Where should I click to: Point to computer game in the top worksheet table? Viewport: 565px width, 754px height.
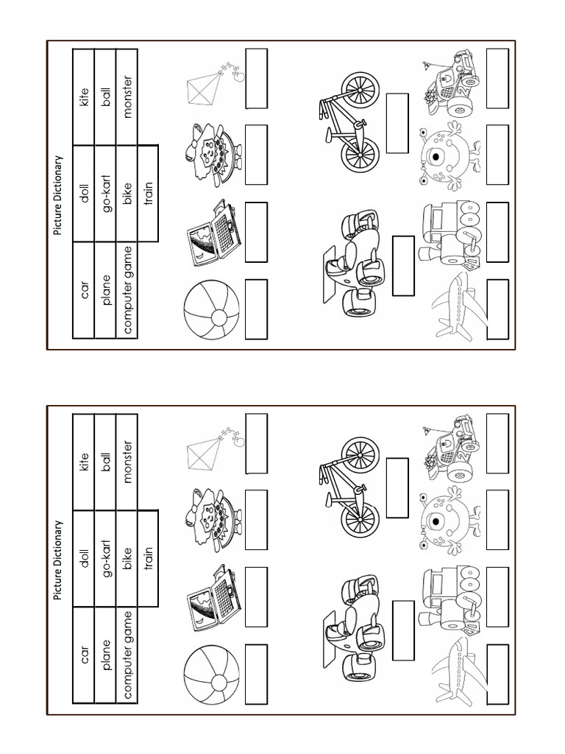[x=127, y=291]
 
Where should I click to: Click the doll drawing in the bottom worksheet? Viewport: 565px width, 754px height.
[x=213, y=516]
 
